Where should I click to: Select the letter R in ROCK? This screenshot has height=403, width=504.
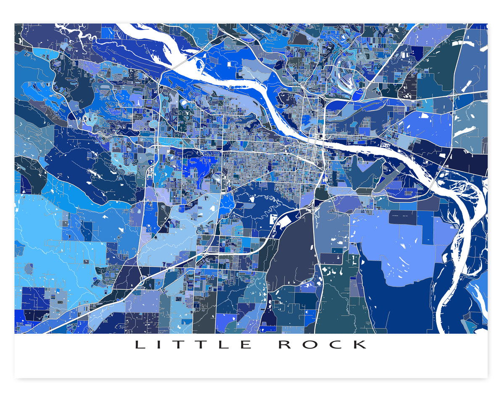coord(285,345)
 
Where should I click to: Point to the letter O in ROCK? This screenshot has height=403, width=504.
coord(310,345)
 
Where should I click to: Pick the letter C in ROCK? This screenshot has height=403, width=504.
coord(336,345)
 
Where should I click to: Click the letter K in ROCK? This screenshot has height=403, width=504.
coord(361,345)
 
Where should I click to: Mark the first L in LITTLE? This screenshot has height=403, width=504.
coord(140,345)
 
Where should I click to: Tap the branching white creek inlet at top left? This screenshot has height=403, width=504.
coord(76,34)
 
